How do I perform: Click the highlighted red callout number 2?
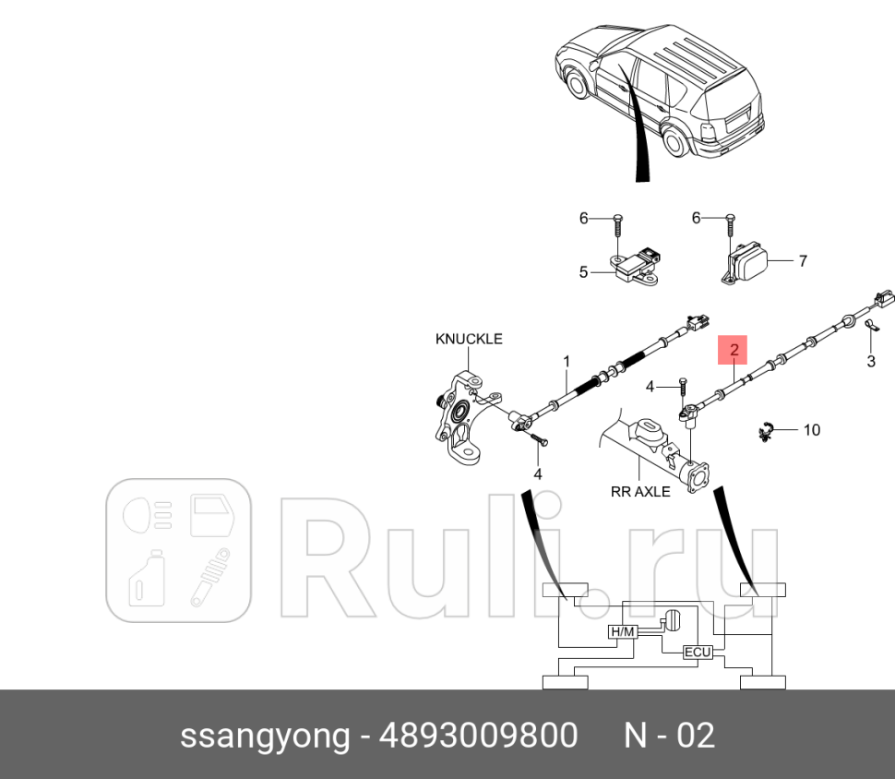[734, 350]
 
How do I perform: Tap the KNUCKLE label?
[469, 339]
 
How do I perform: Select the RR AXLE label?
[640, 491]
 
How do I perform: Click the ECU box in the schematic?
[697, 653]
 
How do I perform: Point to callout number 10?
[811, 429]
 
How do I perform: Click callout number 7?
[802, 261]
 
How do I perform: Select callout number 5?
[583, 271]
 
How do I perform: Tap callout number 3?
[870, 361]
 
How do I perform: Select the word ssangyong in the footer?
[265, 736]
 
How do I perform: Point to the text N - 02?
[669, 736]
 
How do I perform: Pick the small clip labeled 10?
[765, 430]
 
